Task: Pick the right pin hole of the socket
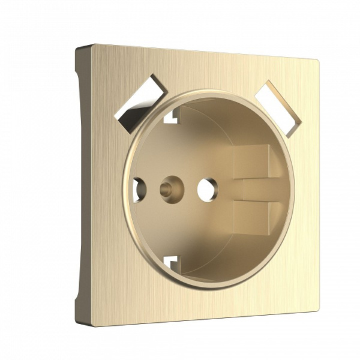pos(208,189)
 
